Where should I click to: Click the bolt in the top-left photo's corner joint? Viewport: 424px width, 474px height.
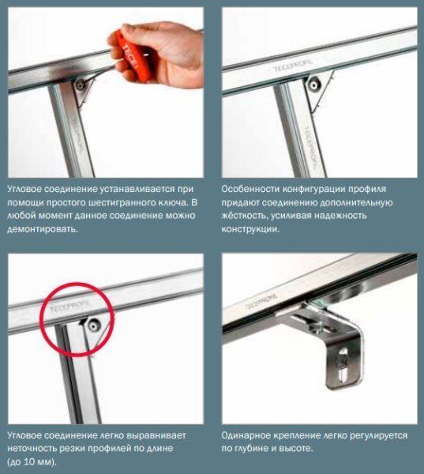click(x=80, y=85)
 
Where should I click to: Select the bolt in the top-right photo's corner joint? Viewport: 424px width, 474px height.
click(x=313, y=85)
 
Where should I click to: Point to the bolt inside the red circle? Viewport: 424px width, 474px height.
click(x=93, y=325)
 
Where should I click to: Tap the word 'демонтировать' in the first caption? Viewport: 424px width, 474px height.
click(x=43, y=229)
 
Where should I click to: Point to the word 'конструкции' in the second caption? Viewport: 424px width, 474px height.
click(x=250, y=229)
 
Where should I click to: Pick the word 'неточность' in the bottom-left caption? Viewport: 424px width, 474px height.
click(x=32, y=448)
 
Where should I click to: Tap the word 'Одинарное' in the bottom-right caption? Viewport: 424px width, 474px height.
click(x=246, y=435)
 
